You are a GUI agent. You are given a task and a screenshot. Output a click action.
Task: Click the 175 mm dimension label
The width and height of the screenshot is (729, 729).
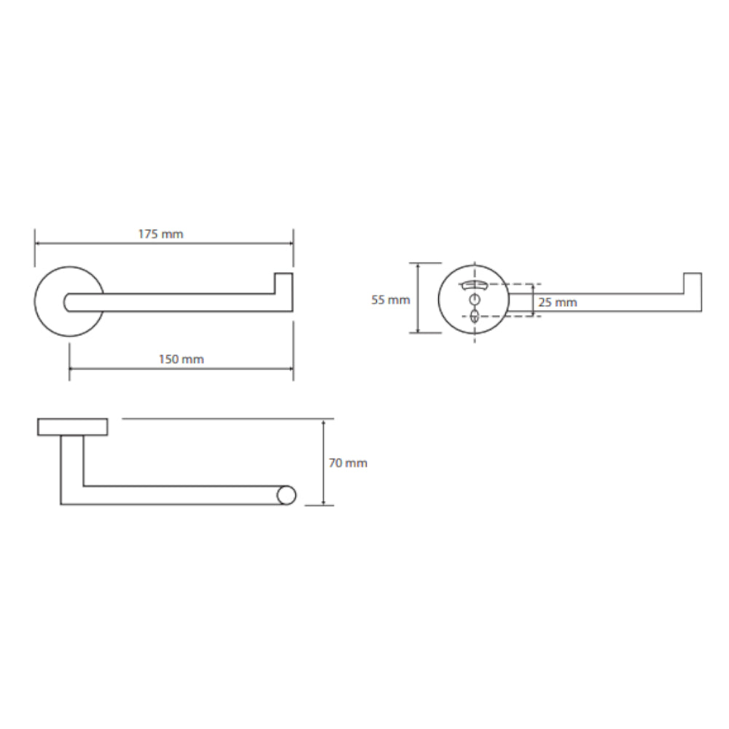160,234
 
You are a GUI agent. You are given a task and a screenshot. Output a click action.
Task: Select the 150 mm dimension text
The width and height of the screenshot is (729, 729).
182,359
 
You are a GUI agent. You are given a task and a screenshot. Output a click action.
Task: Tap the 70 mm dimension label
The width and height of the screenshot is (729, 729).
348,463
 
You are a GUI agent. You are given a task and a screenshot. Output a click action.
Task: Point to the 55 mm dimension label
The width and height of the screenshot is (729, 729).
391,300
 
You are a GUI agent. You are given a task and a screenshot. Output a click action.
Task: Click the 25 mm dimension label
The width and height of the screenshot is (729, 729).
558,303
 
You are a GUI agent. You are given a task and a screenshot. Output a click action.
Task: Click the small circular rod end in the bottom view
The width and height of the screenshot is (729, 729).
286,495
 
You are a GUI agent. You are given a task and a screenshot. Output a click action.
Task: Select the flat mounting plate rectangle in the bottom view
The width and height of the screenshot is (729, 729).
72,426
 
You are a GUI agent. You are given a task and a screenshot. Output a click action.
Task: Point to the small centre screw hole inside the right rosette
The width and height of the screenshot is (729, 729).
475,299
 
